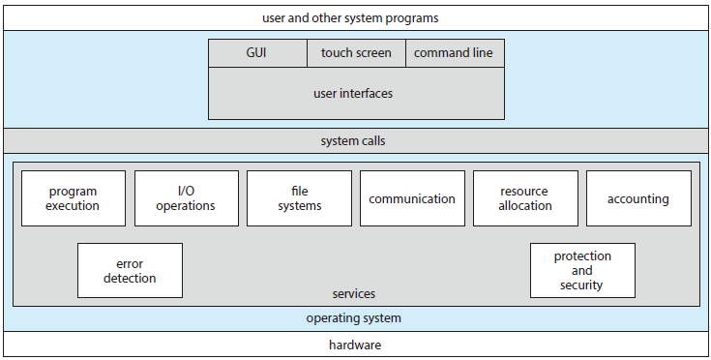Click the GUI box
[257, 52]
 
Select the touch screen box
[356, 52]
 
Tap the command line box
[455, 52]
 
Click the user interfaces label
[356, 94]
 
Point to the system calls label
[353, 141]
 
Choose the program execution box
[74, 198]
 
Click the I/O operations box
[187, 198]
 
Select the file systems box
[300, 198]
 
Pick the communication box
[412, 198]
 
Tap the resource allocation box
[525, 198]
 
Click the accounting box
[638, 198]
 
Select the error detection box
[130, 271]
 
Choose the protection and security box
[582, 271]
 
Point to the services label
[353, 293]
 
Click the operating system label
[353, 317]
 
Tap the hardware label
[353, 345]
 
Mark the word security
[582, 285]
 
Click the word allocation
[525, 205]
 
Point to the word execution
[74, 205]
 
